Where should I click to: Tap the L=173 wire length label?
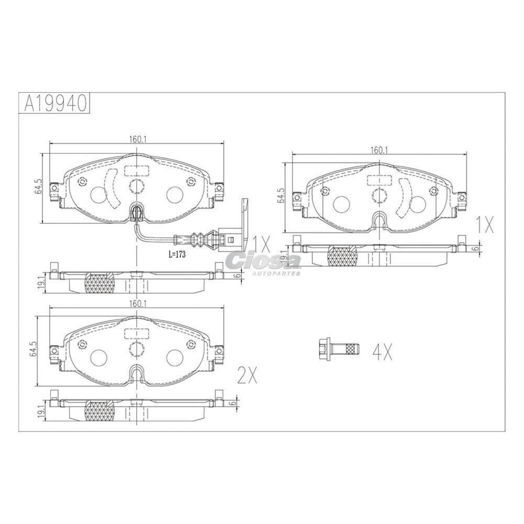point(177,255)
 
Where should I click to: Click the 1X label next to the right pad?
point(484,225)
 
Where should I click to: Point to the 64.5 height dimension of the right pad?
point(280,196)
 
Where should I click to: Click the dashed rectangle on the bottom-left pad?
point(137,333)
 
